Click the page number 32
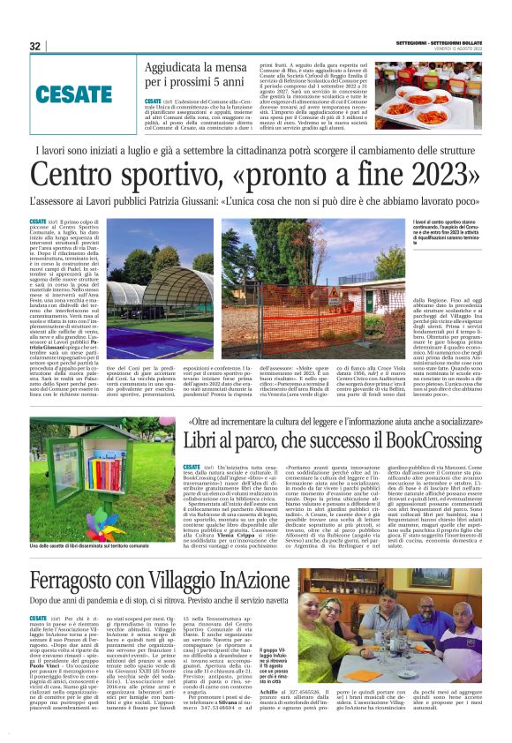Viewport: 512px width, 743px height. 35,46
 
